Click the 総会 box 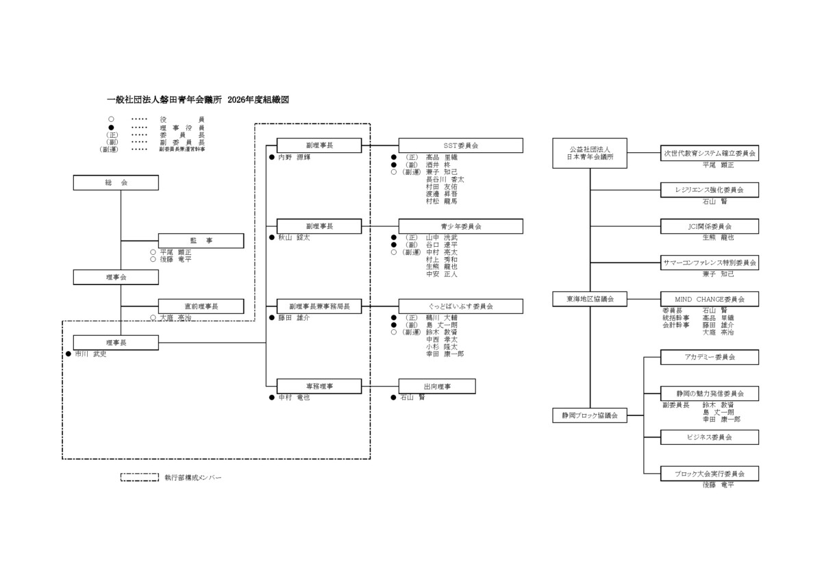116,183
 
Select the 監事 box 201,241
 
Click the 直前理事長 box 201,306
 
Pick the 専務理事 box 319,387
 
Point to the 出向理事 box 436,387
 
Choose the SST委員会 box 460,146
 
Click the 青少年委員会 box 460,226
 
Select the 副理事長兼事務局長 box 319,306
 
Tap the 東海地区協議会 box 590,299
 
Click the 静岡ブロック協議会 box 590,415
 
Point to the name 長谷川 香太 445,180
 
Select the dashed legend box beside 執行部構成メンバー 140,477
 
